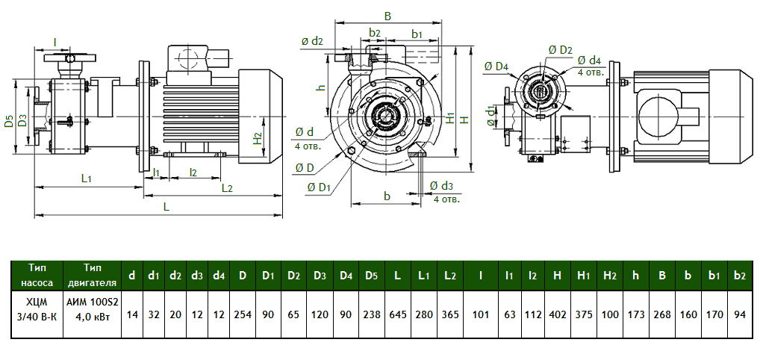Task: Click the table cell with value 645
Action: pyautogui.click(x=397, y=314)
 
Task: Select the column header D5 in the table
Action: pyautogui.click(x=371, y=276)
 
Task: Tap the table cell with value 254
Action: pyautogui.click(x=243, y=314)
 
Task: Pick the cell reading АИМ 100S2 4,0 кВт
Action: pyautogui.click(x=93, y=314)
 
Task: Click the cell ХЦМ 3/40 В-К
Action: pyautogui.click(x=37, y=314)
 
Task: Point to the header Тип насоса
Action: pyautogui.click(x=37, y=276)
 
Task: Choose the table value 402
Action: pyautogui.click(x=558, y=314)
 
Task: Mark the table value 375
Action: pyautogui.click(x=584, y=314)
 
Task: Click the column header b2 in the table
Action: pyautogui.click(x=740, y=276)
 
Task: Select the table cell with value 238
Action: pyautogui.click(x=371, y=314)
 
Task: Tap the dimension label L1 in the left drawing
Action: pyautogui.click(x=87, y=179)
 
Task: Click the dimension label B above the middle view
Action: pyautogui.click(x=387, y=16)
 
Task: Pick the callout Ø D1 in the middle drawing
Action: pyautogui.click(x=318, y=187)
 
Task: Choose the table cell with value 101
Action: pyautogui.click(x=481, y=314)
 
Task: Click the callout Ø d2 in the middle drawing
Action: pyautogui.click(x=312, y=41)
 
